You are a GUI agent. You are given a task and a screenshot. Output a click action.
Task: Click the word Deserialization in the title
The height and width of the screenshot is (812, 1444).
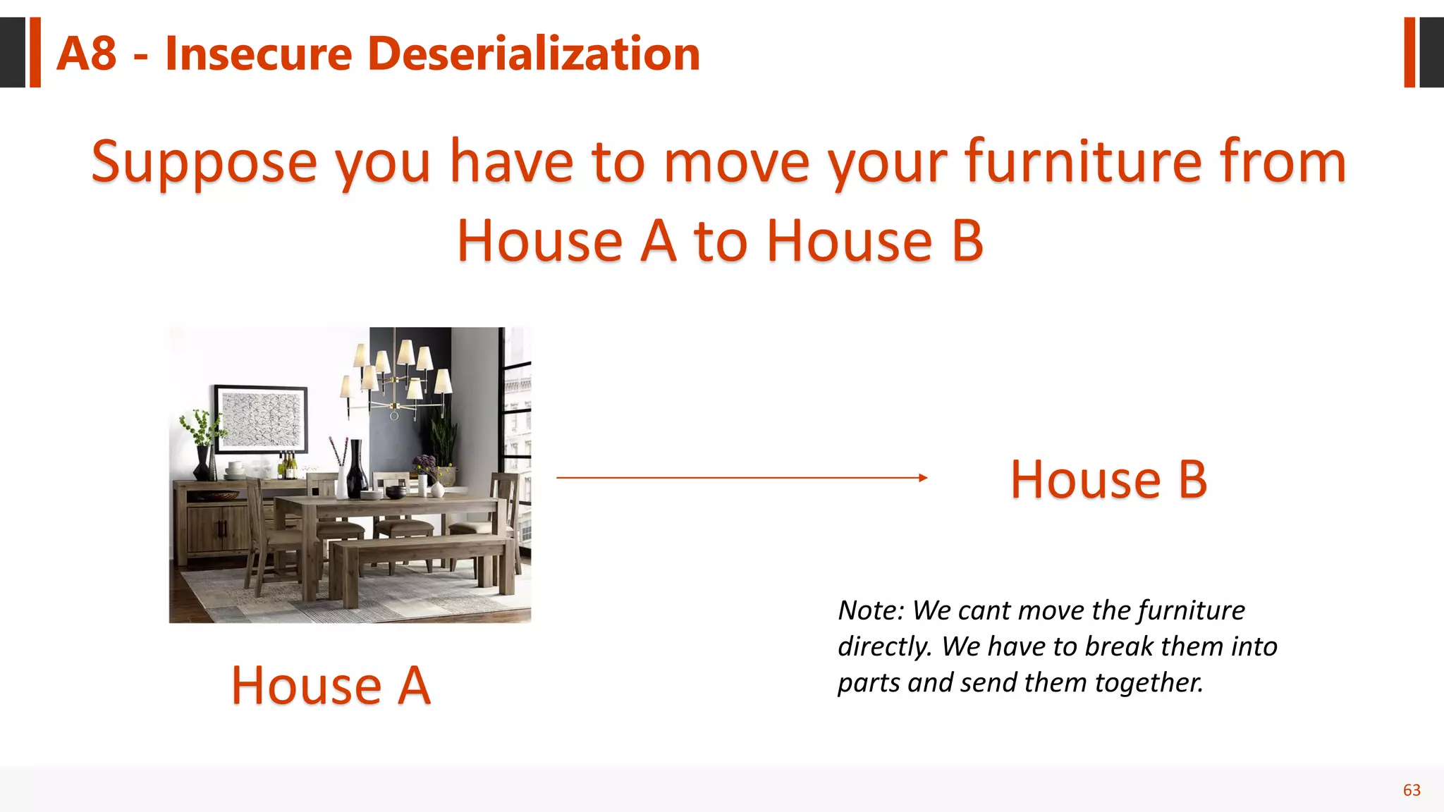pos(534,54)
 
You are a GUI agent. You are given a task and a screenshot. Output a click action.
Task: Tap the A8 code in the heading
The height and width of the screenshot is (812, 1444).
pos(86,54)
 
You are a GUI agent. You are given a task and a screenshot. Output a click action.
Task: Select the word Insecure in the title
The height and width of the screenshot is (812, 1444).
pos(258,54)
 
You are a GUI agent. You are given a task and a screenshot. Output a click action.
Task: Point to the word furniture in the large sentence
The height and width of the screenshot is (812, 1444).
pos(1083,162)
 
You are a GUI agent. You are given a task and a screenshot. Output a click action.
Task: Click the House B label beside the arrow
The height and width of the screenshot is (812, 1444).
pos(1108,480)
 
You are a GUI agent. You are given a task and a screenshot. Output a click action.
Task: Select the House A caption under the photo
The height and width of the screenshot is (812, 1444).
pos(331,685)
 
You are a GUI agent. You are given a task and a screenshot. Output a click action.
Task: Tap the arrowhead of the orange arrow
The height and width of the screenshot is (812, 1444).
pos(923,478)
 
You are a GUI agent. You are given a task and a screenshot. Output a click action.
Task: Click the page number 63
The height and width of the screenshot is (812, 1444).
pos(1412,790)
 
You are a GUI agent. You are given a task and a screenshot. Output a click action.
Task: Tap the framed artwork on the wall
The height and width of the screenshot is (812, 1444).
pos(262,419)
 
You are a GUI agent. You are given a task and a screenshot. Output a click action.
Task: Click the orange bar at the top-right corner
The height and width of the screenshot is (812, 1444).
pos(1409,52)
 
